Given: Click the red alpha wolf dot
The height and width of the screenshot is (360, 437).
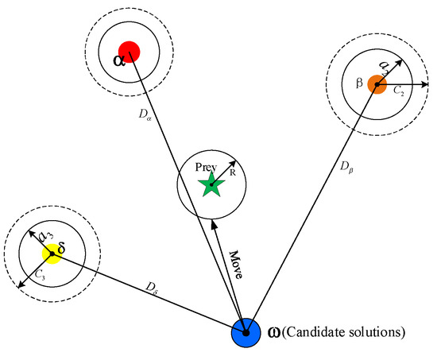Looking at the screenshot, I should (129, 52).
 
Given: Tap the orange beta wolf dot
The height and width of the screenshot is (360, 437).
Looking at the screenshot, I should (377, 84).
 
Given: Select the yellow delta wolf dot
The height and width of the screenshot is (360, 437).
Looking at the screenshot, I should (52, 254).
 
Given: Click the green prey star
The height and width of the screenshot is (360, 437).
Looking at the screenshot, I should (211, 187).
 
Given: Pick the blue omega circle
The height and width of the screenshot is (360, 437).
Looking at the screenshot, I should (246, 333).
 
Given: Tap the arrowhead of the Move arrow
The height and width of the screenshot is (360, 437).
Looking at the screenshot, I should (214, 223).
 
